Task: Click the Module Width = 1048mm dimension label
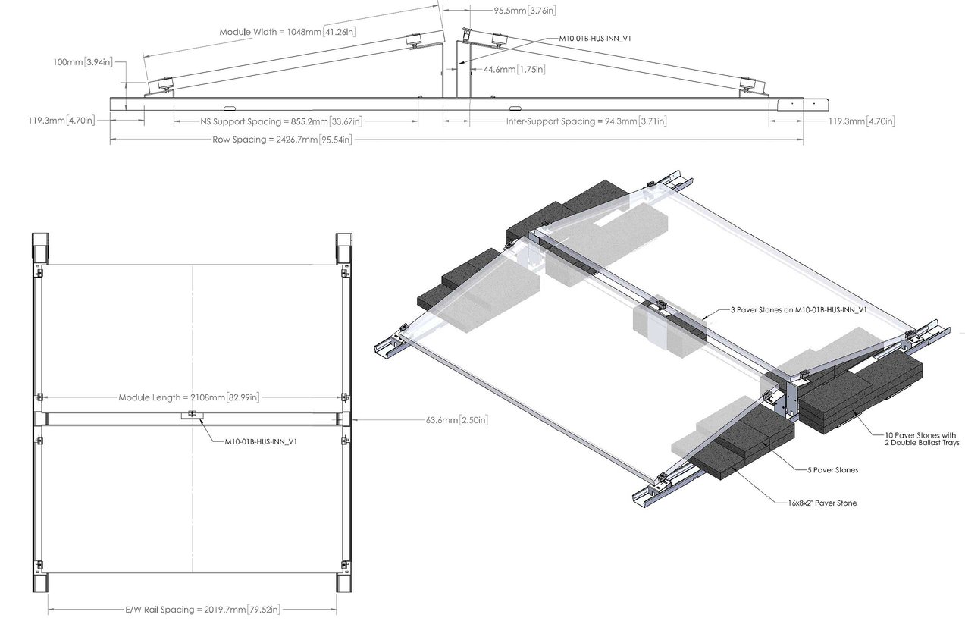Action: (x=287, y=32)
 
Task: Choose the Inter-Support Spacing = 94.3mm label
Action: (x=586, y=121)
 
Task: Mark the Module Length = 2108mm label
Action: (x=190, y=397)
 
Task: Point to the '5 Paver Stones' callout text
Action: (x=832, y=470)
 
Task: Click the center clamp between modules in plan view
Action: (x=193, y=414)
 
